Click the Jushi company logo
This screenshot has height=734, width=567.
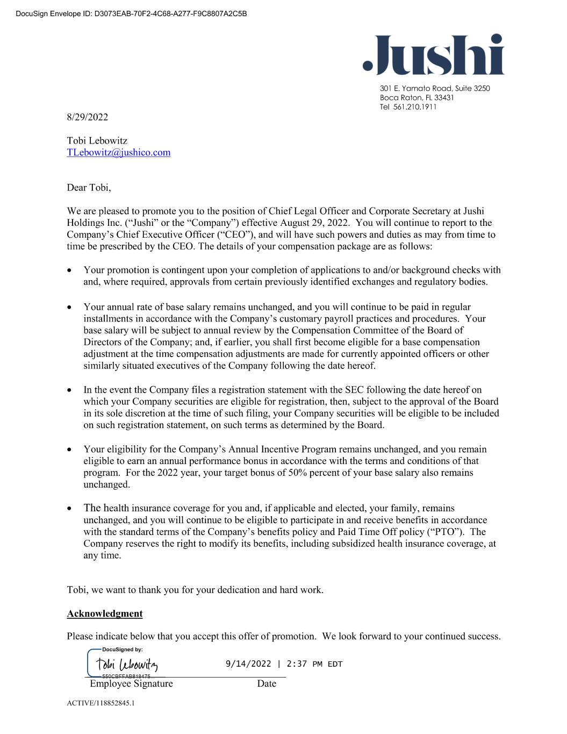coord(433,54)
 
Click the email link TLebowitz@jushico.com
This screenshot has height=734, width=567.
coord(118,152)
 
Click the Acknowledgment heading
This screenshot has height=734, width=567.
coord(105,614)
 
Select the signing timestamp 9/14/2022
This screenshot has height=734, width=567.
coord(248,664)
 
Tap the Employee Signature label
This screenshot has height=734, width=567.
coord(131,683)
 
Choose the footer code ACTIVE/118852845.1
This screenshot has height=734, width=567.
coord(101,703)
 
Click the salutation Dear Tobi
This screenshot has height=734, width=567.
coord(89,188)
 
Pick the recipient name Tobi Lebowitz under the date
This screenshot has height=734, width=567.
coord(97,141)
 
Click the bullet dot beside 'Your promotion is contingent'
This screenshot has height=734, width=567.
coord(70,270)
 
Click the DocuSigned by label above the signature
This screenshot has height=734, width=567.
coord(122,650)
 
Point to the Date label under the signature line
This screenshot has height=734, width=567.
coord(266,683)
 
